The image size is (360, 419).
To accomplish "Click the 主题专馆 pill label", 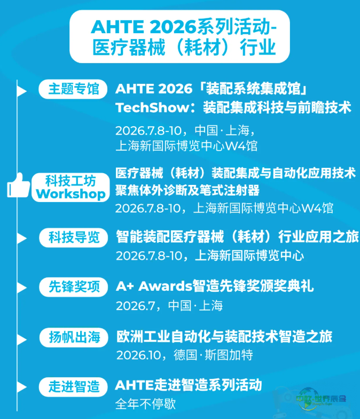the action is click(73, 89).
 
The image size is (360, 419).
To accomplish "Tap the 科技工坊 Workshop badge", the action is click(71, 187).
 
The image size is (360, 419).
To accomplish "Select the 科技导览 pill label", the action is click(74, 237).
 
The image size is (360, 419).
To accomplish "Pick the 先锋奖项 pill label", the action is click(74, 287).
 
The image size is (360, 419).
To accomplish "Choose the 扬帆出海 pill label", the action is click(74, 337).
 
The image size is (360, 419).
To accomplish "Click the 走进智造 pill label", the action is click(73, 387).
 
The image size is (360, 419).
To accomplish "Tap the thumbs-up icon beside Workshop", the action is click(18, 186).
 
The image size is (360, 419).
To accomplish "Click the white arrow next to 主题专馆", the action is click(22, 91).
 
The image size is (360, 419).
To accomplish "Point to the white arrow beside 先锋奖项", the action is click(22, 288).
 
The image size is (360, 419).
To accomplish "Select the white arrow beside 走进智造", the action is click(22, 387).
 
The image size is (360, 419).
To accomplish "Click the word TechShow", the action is click(152, 108).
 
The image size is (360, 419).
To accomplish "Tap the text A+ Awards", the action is click(154, 286).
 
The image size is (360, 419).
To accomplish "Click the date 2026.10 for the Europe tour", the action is click(139, 355).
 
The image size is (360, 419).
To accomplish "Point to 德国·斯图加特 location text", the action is click(213, 355).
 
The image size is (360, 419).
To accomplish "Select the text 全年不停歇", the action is click(145, 404).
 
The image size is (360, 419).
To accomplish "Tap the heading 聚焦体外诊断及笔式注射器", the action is click(187, 190).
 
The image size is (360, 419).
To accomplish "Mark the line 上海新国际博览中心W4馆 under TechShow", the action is click(186, 146).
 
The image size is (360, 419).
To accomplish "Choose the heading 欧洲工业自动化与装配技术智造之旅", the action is click(224, 337).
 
